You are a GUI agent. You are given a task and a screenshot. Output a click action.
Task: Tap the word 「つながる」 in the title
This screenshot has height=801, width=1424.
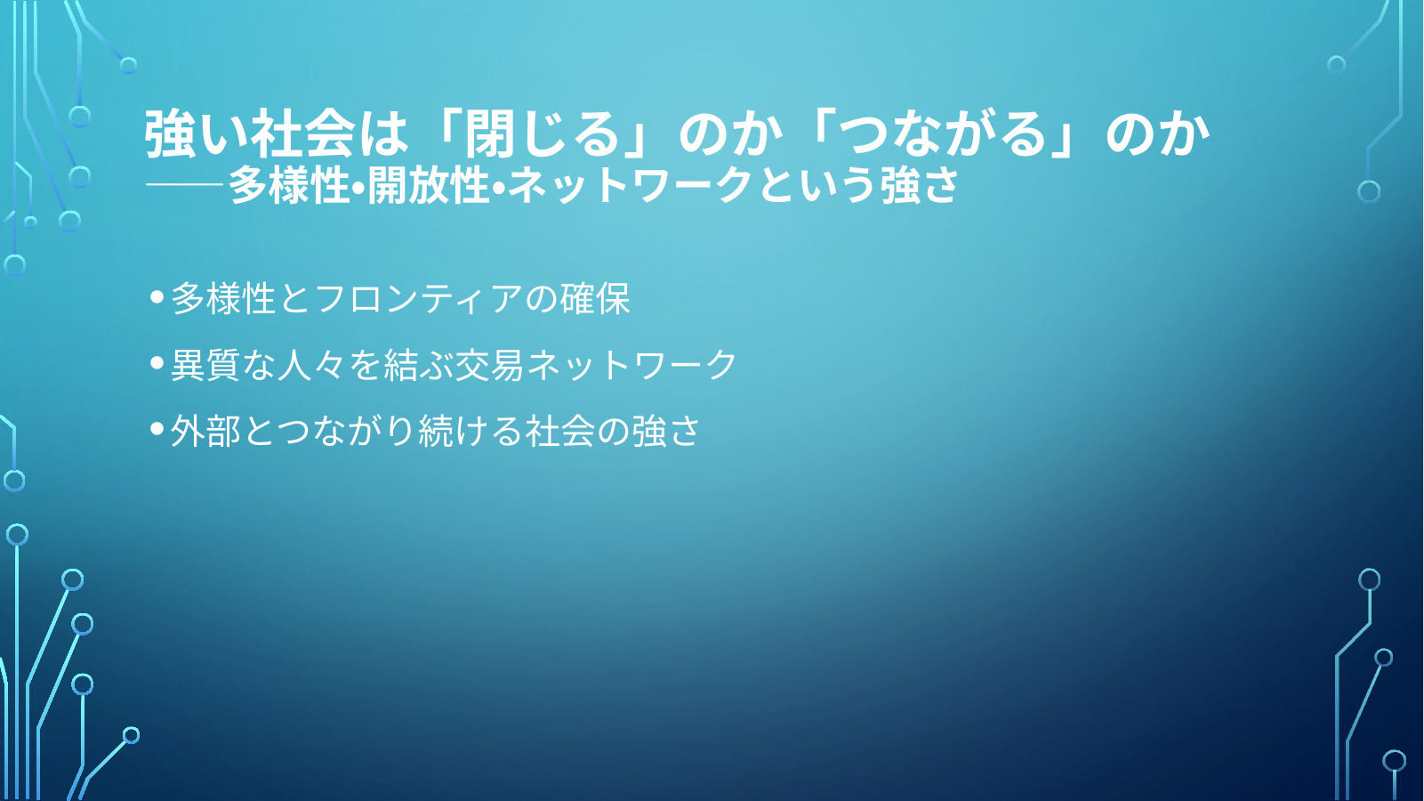[x=944, y=134]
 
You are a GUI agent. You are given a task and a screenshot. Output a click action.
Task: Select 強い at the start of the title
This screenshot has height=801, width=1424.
[x=197, y=134]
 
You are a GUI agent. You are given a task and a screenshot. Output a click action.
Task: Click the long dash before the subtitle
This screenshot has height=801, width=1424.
[x=185, y=185]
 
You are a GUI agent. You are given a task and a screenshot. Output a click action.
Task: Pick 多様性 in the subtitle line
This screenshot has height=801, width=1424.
[x=288, y=185]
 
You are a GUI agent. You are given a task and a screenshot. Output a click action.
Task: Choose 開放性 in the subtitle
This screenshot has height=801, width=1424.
[x=429, y=185]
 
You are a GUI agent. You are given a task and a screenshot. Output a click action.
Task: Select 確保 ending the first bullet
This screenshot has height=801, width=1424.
[x=594, y=298]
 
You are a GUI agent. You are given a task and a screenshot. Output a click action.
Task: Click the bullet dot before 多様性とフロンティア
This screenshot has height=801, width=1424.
[x=157, y=296]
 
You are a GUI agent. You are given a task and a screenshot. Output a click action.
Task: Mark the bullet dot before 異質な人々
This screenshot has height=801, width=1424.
[x=157, y=363]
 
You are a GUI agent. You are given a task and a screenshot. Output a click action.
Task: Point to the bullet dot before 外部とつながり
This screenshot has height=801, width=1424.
[x=157, y=428]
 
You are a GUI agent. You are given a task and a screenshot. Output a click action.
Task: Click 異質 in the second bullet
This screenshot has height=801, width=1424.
[x=205, y=365]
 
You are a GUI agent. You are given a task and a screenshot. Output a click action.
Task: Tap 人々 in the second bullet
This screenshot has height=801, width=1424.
[x=310, y=365]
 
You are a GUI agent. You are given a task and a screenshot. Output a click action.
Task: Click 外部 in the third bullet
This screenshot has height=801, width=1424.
[x=205, y=431]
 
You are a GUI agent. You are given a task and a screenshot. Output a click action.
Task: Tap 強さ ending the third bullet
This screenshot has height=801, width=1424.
[x=665, y=431]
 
